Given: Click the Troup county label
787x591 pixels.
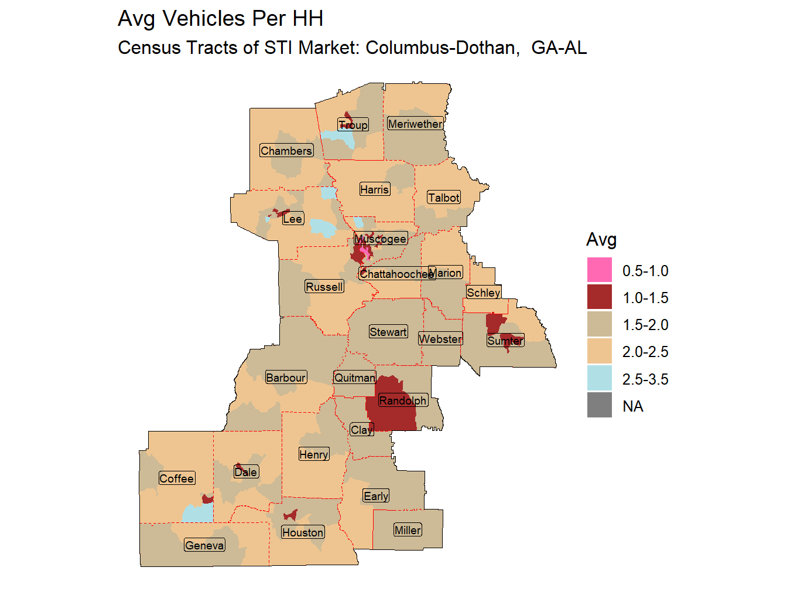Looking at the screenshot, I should [x=353, y=124].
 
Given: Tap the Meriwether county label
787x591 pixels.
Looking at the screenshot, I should [x=415, y=124].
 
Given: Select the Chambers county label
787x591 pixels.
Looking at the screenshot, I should [x=286, y=151].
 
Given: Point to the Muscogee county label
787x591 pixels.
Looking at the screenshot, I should [x=381, y=239].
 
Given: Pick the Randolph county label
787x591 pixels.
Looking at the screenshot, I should [x=403, y=400].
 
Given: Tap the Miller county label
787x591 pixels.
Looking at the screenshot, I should [x=408, y=530].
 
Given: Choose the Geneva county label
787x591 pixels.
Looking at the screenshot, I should [x=204, y=545].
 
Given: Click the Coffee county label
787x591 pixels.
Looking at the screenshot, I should [x=176, y=478].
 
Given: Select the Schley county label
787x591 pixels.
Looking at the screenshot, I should [x=484, y=293].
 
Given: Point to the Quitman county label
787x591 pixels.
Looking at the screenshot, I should [x=355, y=378].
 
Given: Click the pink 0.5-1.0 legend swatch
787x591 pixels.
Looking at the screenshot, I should [x=599, y=270].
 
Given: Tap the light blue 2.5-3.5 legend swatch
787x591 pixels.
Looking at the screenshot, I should [x=599, y=379].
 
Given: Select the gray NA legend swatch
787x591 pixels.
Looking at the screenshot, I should [x=599, y=406].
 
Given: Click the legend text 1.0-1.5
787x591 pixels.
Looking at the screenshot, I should [x=645, y=298].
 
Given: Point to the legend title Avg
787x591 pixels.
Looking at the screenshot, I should [x=601, y=240].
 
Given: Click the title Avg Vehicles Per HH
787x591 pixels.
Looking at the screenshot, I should [x=220, y=19].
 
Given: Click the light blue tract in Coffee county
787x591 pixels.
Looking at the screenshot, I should [x=197, y=514].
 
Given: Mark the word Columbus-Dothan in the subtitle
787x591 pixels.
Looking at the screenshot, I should [x=442, y=47].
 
